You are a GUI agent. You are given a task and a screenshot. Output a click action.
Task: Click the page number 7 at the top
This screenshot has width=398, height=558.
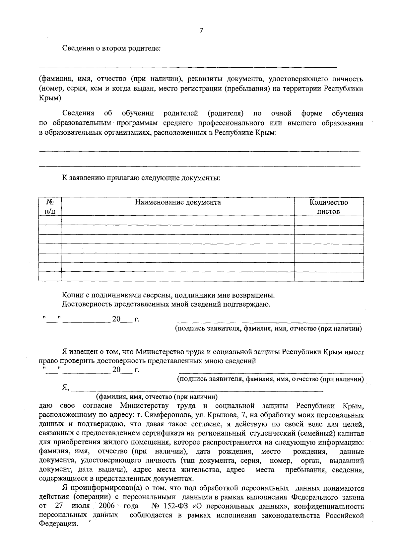pyautogui.click(x=201, y=31)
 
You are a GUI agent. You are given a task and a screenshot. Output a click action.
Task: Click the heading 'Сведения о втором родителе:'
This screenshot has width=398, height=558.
pyautogui.click(x=111, y=48)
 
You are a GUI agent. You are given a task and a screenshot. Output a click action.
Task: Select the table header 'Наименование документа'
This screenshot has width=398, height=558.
pyautogui.click(x=178, y=202)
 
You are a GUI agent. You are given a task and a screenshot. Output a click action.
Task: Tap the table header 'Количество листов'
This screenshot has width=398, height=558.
pyautogui.click(x=329, y=207)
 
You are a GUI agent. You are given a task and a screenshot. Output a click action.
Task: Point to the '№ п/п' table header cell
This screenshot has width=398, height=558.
pyautogui.click(x=50, y=207)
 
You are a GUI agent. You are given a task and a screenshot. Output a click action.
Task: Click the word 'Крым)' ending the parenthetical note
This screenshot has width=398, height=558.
pyautogui.click(x=50, y=98)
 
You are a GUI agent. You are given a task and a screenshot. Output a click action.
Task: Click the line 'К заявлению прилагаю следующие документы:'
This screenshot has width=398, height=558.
pyautogui.click(x=141, y=178)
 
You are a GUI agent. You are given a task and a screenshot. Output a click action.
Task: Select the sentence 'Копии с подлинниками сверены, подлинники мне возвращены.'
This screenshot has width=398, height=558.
pyautogui.click(x=168, y=295)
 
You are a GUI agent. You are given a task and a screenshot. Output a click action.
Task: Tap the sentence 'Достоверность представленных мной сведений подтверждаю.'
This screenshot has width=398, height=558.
pyautogui.click(x=166, y=304)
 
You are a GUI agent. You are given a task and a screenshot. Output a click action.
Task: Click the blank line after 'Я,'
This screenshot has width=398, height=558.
pyautogui.click(x=197, y=391)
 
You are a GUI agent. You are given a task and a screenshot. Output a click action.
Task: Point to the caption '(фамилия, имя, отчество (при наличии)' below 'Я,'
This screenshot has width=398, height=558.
pyautogui.click(x=157, y=397)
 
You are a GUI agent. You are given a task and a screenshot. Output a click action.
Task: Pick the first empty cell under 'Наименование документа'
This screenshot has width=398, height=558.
pyautogui.click(x=178, y=221)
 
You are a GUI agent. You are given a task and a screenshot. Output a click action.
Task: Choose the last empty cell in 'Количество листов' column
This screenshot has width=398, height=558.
pyautogui.click(x=329, y=276)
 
